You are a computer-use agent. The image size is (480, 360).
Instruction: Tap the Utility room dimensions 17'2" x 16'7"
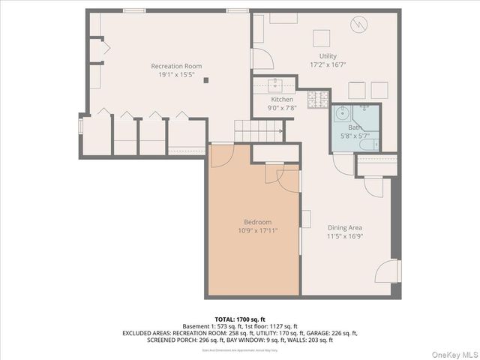(x=328, y=66)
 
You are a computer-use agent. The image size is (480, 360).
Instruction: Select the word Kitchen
(x=282, y=99)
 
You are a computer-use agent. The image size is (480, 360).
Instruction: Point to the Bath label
(x=355, y=127)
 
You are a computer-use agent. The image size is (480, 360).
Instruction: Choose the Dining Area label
(x=344, y=227)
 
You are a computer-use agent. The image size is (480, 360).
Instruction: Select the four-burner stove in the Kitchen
(x=317, y=97)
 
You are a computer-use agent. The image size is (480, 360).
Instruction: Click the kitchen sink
(x=275, y=82)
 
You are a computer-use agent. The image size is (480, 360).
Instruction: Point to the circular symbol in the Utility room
(x=360, y=24)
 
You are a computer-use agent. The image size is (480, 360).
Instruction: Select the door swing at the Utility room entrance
(x=262, y=58)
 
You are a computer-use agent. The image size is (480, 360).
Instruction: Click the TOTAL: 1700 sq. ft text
(x=240, y=319)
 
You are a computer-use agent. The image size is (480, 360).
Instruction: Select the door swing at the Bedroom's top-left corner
(x=223, y=154)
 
